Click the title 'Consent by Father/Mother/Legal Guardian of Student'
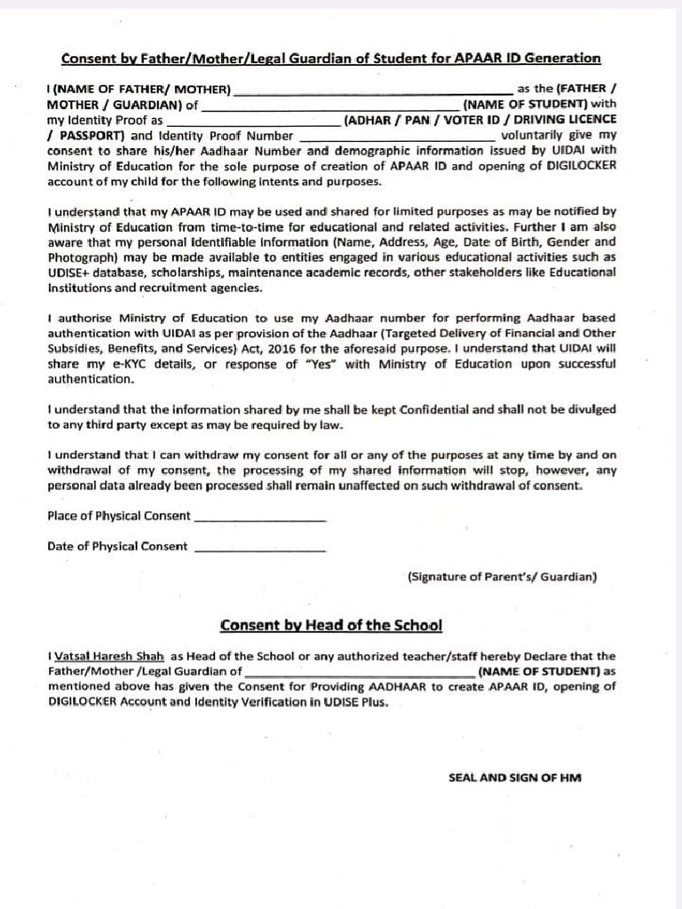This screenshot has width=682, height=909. point(330,59)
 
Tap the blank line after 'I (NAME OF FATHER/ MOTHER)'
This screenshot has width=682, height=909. point(372,91)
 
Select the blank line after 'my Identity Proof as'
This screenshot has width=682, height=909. point(254,122)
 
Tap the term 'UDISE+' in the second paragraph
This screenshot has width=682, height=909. point(69,273)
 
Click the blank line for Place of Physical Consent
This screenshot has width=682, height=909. point(259,518)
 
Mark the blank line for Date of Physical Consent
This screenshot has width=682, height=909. point(259,549)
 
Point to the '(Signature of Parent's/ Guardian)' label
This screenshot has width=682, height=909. point(502,577)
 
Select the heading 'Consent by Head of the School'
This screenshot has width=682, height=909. point(330,625)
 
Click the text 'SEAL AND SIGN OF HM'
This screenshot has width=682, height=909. point(514,778)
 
